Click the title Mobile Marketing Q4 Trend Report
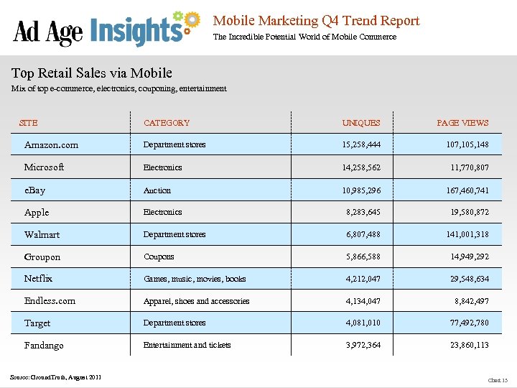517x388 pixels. click(x=316, y=21)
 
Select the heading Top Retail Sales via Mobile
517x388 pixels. click(x=92, y=73)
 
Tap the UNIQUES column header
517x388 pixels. click(x=361, y=123)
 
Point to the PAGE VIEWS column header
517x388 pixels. click(x=462, y=123)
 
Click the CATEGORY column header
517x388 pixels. click(x=167, y=123)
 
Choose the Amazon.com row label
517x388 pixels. click(x=51, y=145)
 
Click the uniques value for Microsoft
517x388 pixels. click(x=362, y=167)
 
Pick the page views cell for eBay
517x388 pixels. click(x=467, y=190)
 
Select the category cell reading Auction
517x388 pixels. click(x=157, y=190)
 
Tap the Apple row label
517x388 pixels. click(x=37, y=213)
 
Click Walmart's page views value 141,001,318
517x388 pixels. click(x=467, y=235)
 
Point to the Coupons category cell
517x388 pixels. click(x=159, y=257)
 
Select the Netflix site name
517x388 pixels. click(x=39, y=278)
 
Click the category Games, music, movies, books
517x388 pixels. click(x=195, y=279)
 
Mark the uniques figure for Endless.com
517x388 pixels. click(x=363, y=301)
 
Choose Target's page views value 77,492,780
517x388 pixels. click(x=470, y=323)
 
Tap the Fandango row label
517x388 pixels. click(x=44, y=346)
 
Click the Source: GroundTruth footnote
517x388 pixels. click(x=56, y=377)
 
